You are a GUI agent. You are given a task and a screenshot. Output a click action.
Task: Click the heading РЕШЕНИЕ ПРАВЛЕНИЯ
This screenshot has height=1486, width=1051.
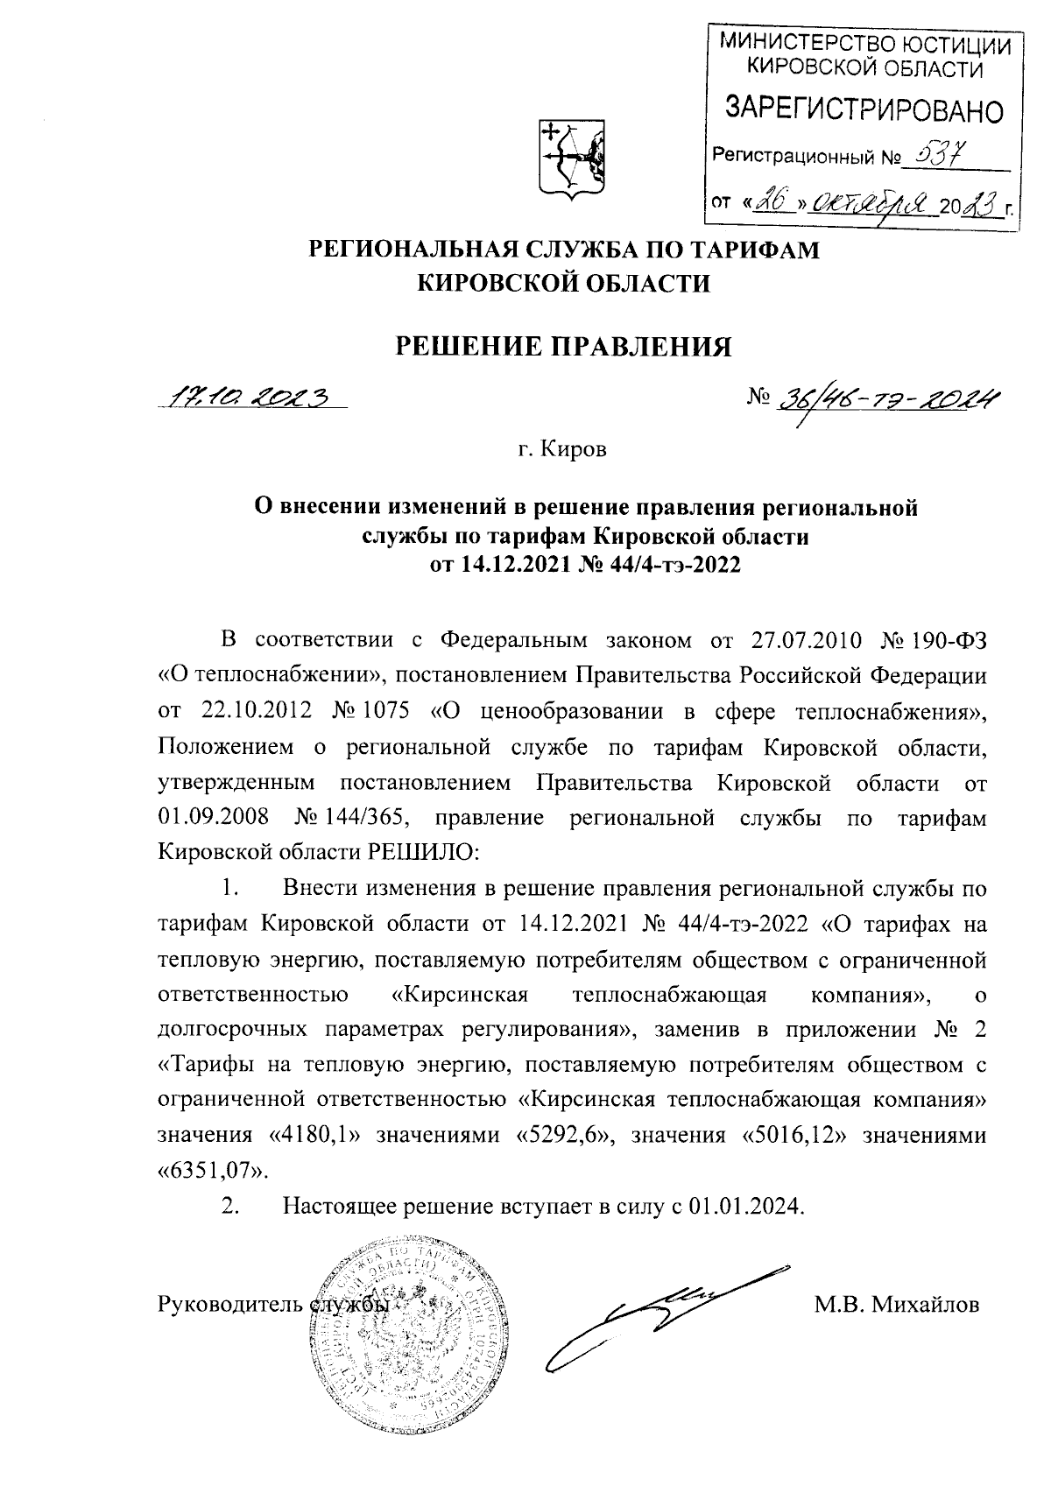click(x=565, y=347)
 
